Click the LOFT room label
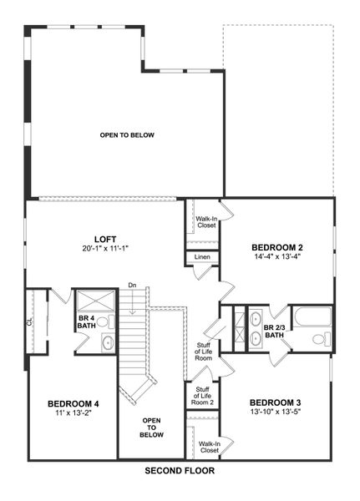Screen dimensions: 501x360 105,238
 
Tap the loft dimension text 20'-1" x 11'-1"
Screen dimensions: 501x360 105,248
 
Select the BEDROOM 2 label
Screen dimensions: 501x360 276,247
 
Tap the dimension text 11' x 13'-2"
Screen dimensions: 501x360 72,412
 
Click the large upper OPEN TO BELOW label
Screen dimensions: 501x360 128,135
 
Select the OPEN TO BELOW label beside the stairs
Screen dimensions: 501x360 151,428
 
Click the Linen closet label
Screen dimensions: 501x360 203,256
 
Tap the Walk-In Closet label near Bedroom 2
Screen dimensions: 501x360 206,221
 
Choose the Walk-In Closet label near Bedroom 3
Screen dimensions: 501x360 208,446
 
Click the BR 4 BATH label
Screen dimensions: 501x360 86,322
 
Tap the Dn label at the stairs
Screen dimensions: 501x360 132,286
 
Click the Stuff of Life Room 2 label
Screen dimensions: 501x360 202,395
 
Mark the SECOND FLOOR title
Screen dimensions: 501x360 180,471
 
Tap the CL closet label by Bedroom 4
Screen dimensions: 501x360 29,321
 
